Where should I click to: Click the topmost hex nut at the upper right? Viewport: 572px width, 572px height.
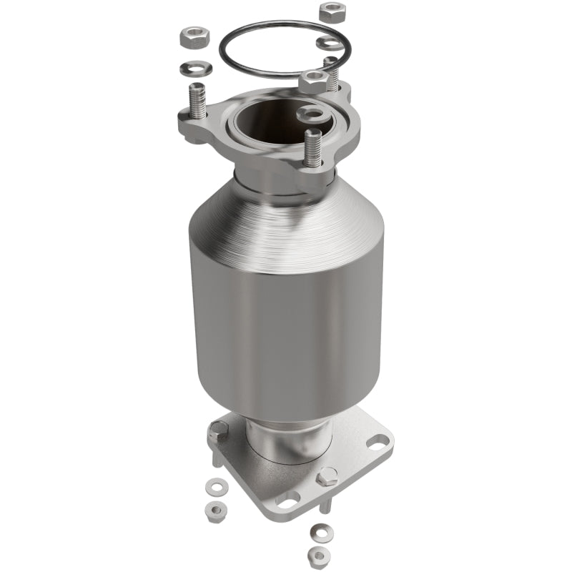331,12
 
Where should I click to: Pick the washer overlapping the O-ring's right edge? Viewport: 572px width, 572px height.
330,43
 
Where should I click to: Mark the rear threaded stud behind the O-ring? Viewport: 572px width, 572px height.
331,72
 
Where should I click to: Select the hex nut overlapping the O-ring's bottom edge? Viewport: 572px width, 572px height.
313,81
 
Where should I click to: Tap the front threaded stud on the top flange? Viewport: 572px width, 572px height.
312,147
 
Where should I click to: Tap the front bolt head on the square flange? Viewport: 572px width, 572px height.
327,475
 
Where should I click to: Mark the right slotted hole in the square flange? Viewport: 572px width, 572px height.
376,441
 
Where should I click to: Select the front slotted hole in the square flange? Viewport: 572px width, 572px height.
289,495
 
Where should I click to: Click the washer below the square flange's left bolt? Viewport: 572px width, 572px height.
213,488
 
